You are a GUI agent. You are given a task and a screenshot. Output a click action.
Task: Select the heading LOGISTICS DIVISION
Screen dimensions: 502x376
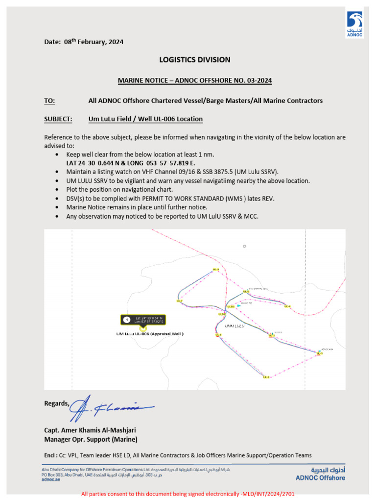[x=194, y=60]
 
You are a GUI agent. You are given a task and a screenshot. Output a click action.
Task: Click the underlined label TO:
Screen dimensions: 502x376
[x=49, y=100]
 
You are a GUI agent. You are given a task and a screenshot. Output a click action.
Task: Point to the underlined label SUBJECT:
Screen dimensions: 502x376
[x=58, y=119]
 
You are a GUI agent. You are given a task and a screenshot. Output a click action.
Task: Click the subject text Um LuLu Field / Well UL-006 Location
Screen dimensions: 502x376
[x=145, y=119]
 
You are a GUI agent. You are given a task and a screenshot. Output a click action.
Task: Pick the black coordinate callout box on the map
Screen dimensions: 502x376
[x=142, y=320]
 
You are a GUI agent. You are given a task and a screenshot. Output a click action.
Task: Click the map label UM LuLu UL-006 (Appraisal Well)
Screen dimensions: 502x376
[x=150, y=334]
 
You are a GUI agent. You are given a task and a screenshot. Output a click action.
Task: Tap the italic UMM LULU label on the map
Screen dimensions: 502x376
[x=234, y=326]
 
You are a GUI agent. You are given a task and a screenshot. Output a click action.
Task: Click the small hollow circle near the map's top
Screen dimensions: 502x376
[x=244, y=246]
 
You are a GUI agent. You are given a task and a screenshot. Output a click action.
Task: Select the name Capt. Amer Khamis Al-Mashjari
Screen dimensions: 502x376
[x=90, y=430]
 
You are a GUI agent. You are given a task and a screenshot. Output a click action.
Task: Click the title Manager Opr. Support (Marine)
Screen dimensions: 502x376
[x=91, y=439]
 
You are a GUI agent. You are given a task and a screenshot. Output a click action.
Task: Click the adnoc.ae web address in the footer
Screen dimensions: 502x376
[x=50, y=480]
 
